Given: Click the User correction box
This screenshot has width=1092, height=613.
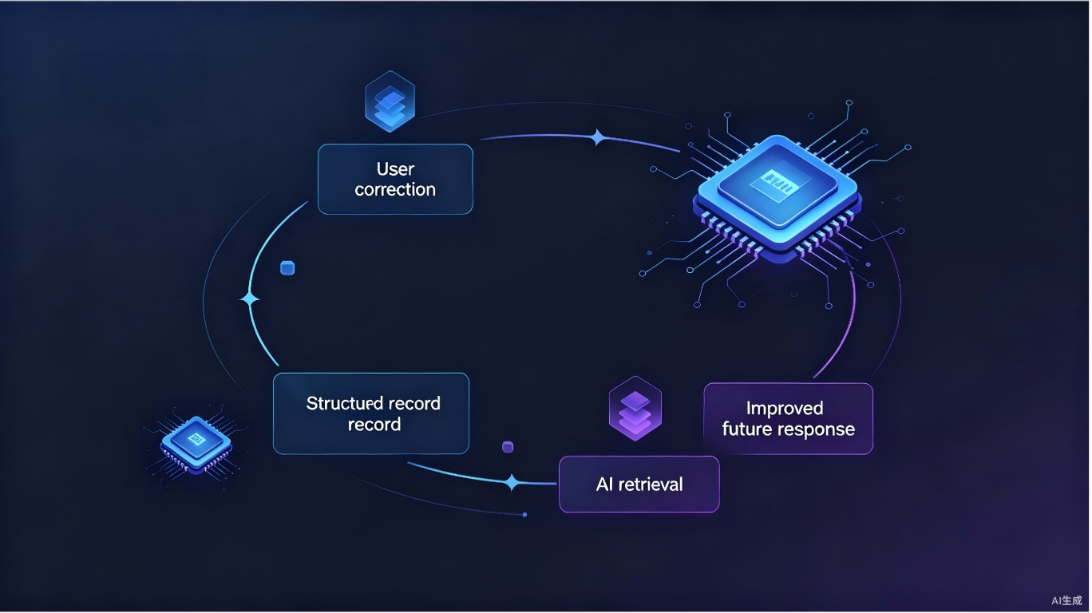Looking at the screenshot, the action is pos(395,179).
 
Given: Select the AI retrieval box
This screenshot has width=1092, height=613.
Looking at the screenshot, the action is pos(639,484).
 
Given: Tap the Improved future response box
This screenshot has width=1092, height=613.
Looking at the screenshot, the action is pos(789,418).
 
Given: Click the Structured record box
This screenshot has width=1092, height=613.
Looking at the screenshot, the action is pos(371,413).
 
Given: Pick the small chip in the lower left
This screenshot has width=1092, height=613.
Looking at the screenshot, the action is pos(196,445).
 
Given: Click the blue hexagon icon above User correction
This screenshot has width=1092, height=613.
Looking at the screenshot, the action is pos(390,101).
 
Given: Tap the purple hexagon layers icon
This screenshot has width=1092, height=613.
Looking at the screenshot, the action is pos(635,409).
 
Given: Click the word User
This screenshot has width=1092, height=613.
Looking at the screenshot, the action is pos(395,169).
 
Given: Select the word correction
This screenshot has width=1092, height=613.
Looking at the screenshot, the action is pos(395,189).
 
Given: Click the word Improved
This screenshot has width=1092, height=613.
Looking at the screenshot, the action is pos(785,409).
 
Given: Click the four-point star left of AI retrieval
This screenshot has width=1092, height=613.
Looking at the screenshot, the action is pos(512,482).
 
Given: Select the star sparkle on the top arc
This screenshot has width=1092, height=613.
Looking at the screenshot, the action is pos(598,137).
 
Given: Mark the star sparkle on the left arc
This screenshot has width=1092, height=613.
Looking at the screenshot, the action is pos(250,299).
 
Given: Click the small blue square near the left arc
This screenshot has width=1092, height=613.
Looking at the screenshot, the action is pos(287,268).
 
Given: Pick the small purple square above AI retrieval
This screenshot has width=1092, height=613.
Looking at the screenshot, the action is pos(508,447).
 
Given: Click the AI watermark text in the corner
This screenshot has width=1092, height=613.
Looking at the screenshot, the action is pos(1066,601).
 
